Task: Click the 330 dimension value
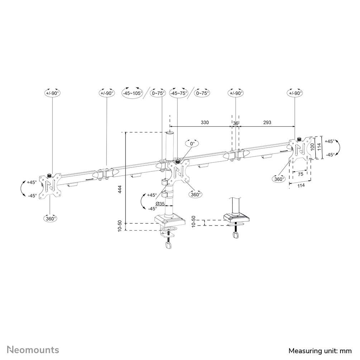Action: click(204, 123)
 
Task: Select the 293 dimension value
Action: click(267, 123)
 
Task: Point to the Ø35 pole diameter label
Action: click(160, 204)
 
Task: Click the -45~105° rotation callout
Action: click(132, 93)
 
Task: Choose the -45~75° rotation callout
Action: click(179, 93)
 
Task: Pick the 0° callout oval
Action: click(192, 143)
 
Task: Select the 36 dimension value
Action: click(236, 123)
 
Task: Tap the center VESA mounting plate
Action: click(179, 171)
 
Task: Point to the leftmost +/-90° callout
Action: click(52, 93)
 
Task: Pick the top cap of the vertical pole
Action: click(170, 133)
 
